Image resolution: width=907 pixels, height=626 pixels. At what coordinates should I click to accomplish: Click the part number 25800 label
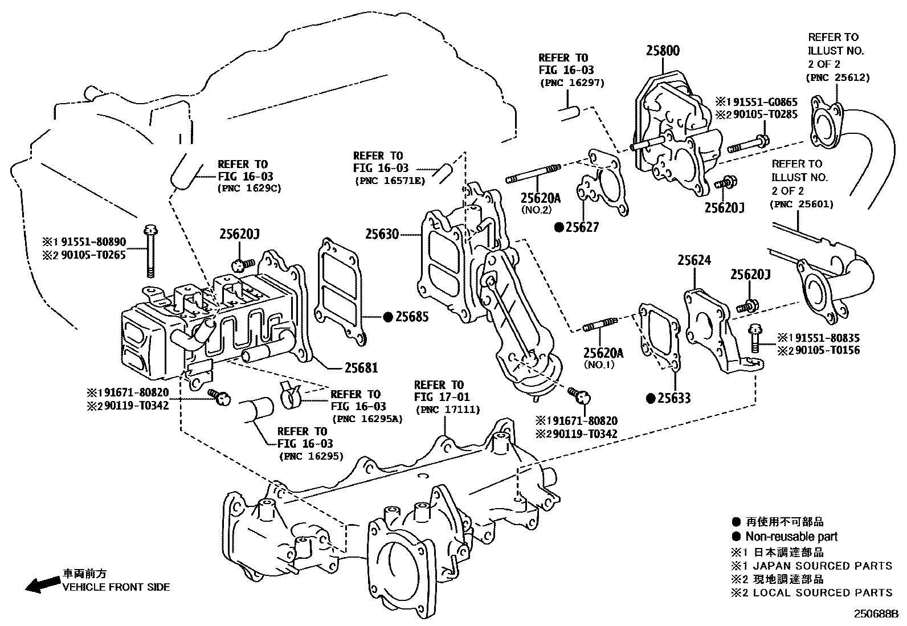662,50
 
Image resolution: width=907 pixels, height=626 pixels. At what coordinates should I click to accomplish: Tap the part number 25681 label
360,368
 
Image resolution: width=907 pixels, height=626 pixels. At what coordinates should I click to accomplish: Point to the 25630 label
382,234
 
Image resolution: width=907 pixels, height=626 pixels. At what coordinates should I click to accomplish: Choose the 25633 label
674,398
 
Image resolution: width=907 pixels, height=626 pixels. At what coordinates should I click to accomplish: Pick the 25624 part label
694,260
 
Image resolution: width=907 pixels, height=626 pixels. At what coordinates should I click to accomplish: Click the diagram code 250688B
875,614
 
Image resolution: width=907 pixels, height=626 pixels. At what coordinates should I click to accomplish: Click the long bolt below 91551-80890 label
150,250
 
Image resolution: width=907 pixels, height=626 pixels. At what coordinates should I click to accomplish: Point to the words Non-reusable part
791,536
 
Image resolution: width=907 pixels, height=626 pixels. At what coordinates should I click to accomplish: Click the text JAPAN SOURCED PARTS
822,566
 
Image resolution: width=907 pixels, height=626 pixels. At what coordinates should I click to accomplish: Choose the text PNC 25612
837,77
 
